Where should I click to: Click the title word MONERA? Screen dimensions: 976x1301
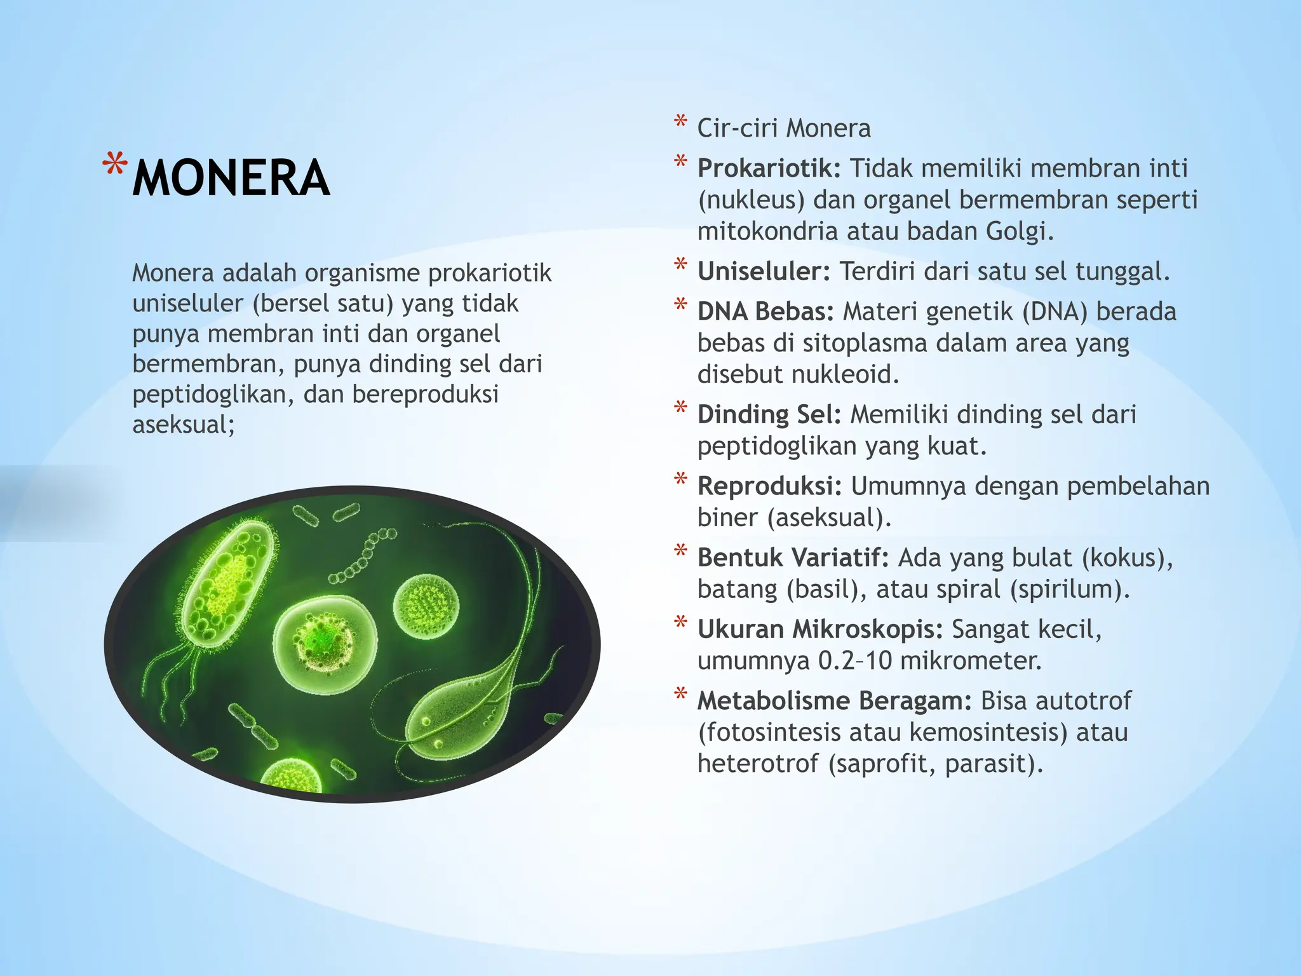(x=231, y=179)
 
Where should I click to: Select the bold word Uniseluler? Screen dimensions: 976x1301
(x=764, y=272)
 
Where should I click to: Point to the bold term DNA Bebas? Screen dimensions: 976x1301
(x=765, y=312)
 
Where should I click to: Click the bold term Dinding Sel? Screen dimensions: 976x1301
(x=769, y=415)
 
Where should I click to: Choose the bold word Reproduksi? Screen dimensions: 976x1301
(x=769, y=486)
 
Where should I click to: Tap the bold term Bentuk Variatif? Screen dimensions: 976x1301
(x=793, y=558)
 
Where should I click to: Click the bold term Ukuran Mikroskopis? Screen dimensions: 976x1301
(x=819, y=630)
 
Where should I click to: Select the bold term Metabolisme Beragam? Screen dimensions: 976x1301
(x=834, y=701)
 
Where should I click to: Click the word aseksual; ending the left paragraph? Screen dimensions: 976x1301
(x=184, y=424)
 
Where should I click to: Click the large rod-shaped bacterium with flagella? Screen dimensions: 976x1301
(x=230, y=585)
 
